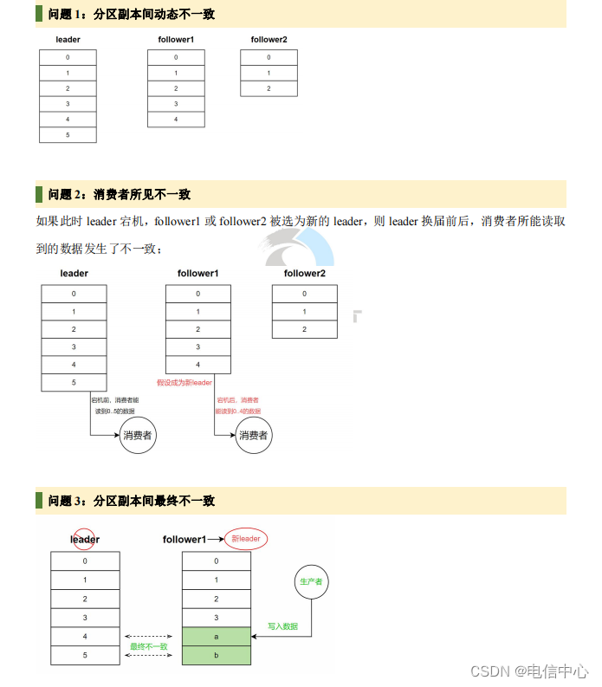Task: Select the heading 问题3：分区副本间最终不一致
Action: [x=132, y=501]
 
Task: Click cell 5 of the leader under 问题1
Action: [x=68, y=135]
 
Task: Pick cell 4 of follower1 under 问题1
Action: [x=176, y=120]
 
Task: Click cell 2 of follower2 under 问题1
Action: [x=269, y=88]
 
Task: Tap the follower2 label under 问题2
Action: [x=304, y=274]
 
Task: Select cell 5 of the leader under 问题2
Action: [x=74, y=382]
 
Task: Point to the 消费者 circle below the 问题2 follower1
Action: [x=253, y=435]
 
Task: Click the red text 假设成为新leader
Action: [x=184, y=383]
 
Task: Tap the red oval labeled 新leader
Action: [x=246, y=539]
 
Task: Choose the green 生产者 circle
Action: [x=311, y=582]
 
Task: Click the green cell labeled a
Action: [x=217, y=637]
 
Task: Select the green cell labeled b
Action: [x=217, y=656]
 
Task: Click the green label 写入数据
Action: [x=283, y=626]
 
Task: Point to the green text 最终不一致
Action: [x=149, y=646]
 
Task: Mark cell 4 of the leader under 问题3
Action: [x=85, y=637]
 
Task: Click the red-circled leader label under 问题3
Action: [x=85, y=539]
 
